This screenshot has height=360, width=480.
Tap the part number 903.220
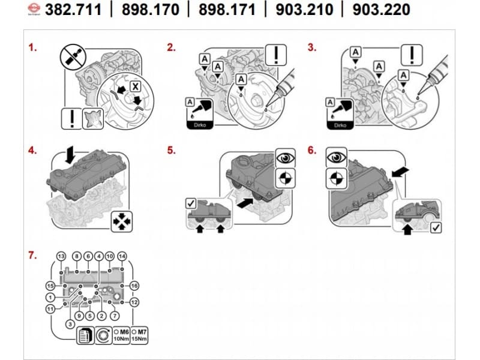tap(381, 10)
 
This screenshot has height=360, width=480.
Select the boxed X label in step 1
tap(136, 86)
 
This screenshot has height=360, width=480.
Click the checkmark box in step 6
tap(436, 227)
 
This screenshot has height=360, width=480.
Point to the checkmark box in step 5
tap(193, 203)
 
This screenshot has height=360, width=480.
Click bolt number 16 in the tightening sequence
tap(134, 286)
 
